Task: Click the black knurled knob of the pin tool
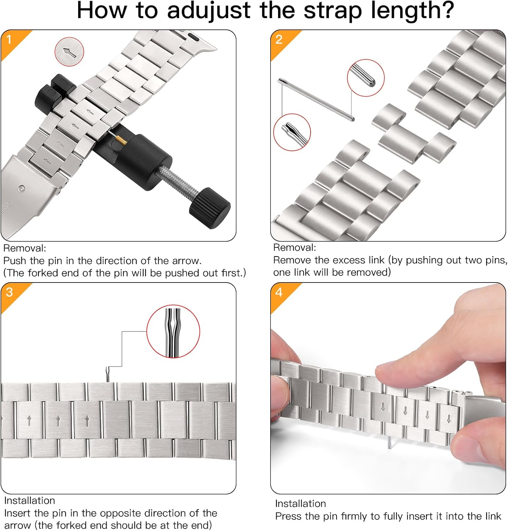click(x=210, y=208)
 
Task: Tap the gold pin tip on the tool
click(x=121, y=141)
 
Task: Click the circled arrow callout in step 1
click(x=69, y=52)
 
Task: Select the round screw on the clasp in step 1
click(x=22, y=188)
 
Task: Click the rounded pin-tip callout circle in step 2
click(x=365, y=78)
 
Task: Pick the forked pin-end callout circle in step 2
click(x=292, y=132)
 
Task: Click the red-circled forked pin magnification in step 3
click(x=173, y=331)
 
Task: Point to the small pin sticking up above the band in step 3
click(x=107, y=375)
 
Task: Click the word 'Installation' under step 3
click(x=30, y=501)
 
